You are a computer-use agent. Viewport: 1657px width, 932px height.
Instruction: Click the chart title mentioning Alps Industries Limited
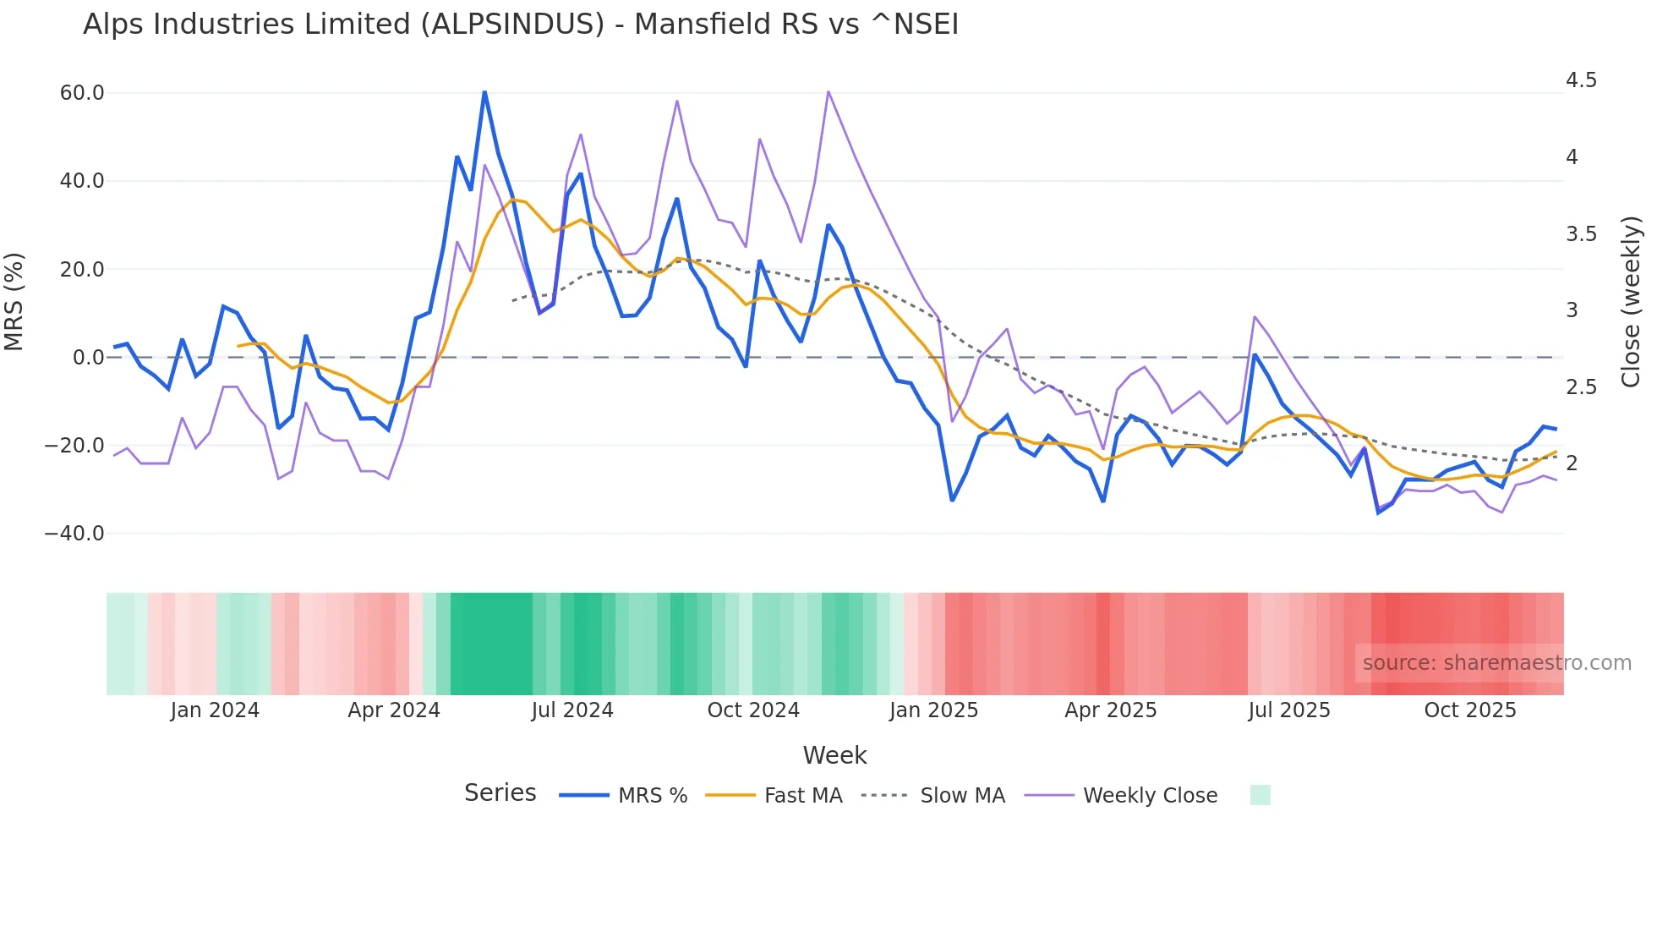coord(521,25)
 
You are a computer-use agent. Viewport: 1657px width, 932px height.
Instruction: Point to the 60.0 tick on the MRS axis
coord(82,93)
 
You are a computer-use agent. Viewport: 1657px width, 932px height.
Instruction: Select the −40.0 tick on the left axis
coord(74,534)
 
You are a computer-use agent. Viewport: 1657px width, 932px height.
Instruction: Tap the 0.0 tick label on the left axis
coord(89,358)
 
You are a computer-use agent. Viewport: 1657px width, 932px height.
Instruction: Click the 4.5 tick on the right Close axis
coord(1581,80)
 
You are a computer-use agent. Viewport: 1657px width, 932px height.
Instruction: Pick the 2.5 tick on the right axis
coord(1581,387)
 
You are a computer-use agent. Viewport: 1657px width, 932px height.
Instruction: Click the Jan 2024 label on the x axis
coord(215,710)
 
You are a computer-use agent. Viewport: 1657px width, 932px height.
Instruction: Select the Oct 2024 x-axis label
coord(753,710)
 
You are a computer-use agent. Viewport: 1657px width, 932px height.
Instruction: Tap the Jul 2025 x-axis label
coord(1289,710)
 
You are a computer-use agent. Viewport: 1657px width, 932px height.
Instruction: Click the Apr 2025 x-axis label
coord(1110,710)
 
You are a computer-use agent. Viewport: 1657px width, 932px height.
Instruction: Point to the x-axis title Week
coord(834,755)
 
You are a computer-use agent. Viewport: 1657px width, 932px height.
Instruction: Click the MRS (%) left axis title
coord(14,302)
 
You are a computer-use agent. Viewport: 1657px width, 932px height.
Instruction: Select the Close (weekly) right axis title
coord(1631,302)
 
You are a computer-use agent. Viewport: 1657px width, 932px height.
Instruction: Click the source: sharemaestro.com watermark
coord(1496,663)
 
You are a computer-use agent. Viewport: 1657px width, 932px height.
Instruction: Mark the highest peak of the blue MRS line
coord(484,91)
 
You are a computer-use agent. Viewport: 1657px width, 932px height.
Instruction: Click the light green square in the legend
coord(1260,796)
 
